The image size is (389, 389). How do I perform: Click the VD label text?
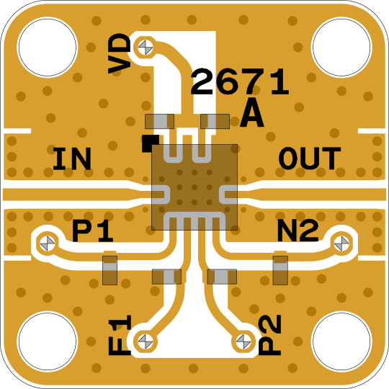pyautogui.click(x=120, y=53)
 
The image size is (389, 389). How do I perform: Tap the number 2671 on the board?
pyautogui.click(x=240, y=82)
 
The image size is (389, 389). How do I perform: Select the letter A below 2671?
pyautogui.click(x=252, y=115)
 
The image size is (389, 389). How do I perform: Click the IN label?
pyautogui.click(x=72, y=158)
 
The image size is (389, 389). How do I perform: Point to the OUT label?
pyautogui.click(x=310, y=158)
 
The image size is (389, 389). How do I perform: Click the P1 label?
pyautogui.click(x=93, y=231)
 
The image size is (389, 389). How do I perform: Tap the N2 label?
pyautogui.click(x=298, y=231)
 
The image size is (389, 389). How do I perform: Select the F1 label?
pyautogui.click(x=120, y=335)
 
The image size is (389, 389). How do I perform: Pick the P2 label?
pyautogui.click(x=269, y=335)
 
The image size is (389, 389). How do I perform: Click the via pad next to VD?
pyautogui.click(x=145, y=48)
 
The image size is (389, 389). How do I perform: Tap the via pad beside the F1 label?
pyautogui.click(x=145, y=341)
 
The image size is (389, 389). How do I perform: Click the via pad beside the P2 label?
pyautogui.click(x=243, y=341)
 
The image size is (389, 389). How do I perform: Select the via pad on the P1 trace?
pyautogui.click(x=48, y=243)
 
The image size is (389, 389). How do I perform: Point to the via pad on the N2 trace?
pyautogui.click(x=341, y=243)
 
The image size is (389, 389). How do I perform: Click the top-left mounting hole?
pyautogui.click(x=48, y=47)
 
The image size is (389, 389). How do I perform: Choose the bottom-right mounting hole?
pyautogui.click(x=341, y=341)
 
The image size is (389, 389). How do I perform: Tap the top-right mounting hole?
pyautogui.click(x=341, y=47)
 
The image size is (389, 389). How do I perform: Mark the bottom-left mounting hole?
pyautogui.click(x=48, y=341)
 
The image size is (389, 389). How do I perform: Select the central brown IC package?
pyautogui.click(x=194, y=187)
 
